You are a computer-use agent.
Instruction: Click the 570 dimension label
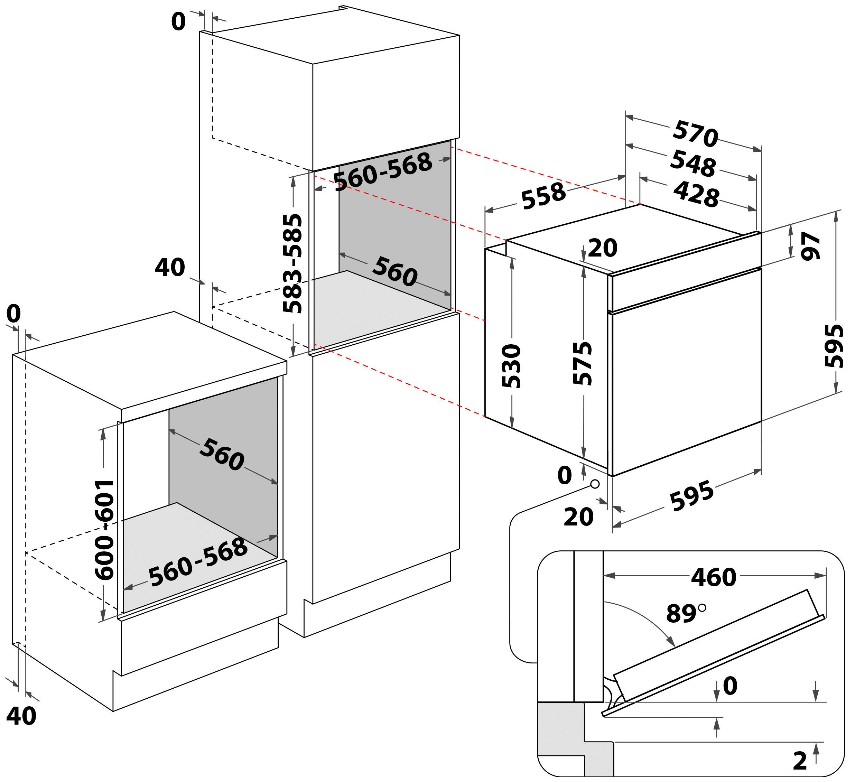(695, 134)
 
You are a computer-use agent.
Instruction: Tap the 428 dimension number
(696, 194)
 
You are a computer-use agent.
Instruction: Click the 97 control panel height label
(810, 245)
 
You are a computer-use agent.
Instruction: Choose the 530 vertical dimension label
(511, 365)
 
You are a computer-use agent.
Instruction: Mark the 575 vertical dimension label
(582, 363)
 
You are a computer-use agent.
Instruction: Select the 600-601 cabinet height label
(104, 530)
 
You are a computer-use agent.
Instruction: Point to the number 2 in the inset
(799, 761)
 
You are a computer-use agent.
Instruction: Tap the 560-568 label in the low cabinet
(198, 562)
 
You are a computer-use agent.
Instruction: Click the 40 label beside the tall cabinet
(170, 267)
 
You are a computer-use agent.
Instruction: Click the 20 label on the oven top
(603, 248)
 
